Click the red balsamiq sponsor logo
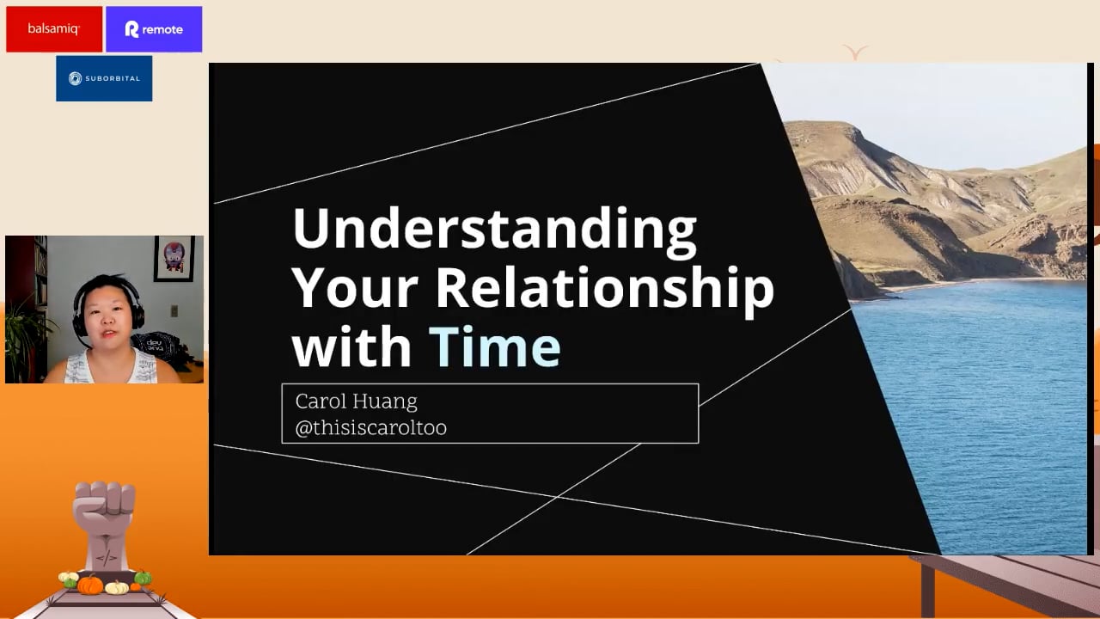click(x=54, y=29)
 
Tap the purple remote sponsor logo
click(x=154, y=29)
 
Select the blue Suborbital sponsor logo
click(x=104, y=78)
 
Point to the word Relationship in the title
click(x=605, y=290)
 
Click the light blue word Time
click(x=495, y=346)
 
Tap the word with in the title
click(x=351, y=346)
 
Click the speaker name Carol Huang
click(x=357, y=401)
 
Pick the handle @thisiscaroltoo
click(x=370, y=427)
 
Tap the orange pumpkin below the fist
click(x=90, y=585)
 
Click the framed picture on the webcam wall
click(x=174, y=259)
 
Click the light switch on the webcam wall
click(x=174, y=311)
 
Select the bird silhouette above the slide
click(x=855, y=52)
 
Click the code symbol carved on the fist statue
click(x=106, y=558)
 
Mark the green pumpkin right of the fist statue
click(x=143, y=578)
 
